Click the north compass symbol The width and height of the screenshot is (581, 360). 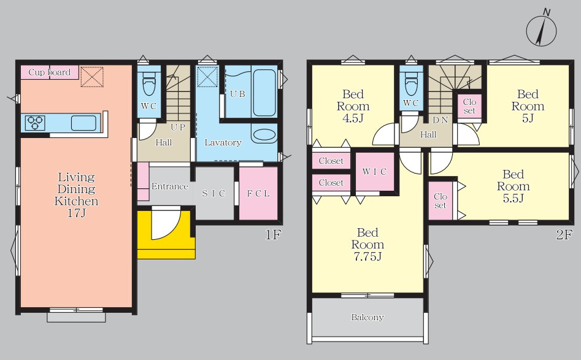(541, 29)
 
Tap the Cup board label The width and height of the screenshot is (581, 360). (49, 72)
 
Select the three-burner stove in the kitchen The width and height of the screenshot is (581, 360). (35, 123)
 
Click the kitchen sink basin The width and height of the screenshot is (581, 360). (83, 123)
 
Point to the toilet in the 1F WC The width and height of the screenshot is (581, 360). (149, 85)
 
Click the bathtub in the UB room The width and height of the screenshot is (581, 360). (264, 93)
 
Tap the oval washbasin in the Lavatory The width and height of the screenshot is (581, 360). (264, 134)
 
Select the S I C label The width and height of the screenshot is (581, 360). (214, 193)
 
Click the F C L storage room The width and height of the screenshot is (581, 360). (258, 193)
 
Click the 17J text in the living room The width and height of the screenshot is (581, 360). (77, 213)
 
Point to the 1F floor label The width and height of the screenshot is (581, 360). (274, 234)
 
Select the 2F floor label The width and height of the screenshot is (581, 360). (564, 234)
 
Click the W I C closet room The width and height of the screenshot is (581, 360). (375, 172)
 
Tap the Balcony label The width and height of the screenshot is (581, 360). (367, 317)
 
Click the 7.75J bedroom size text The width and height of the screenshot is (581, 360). (367, 256)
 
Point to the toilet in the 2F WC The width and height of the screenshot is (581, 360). (411, 85)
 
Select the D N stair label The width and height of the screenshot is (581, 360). (440, 120)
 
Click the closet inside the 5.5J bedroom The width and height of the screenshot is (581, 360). (440, 201)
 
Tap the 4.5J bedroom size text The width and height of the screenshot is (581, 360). (353, 118)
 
